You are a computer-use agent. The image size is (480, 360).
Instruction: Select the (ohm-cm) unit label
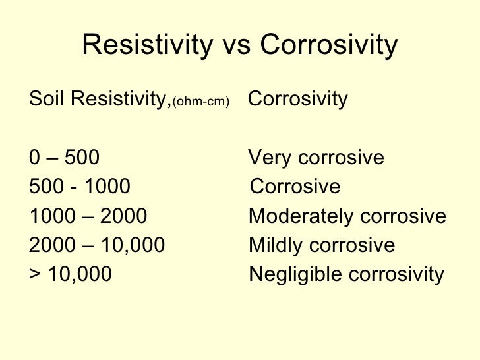pos(200,102)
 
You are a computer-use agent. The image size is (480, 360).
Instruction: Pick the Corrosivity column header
pos(297,100)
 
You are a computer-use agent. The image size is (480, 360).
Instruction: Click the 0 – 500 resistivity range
pos(65,158)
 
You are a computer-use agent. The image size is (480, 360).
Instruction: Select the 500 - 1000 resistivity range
pos(80,187)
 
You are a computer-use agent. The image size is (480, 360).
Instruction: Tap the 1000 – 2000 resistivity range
pos(88,216)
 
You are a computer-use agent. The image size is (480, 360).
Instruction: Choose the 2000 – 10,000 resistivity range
pos(97,245)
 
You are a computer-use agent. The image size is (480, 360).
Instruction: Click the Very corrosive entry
pos(316,158)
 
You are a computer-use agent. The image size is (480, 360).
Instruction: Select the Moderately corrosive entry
pos(347,216)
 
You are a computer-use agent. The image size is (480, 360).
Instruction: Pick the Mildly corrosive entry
pos(322,245)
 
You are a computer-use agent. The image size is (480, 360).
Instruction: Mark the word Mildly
pos(271,245)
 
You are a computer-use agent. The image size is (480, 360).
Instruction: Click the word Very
pos(267,158)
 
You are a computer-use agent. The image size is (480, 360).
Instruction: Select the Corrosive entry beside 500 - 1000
pos(295,187)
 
